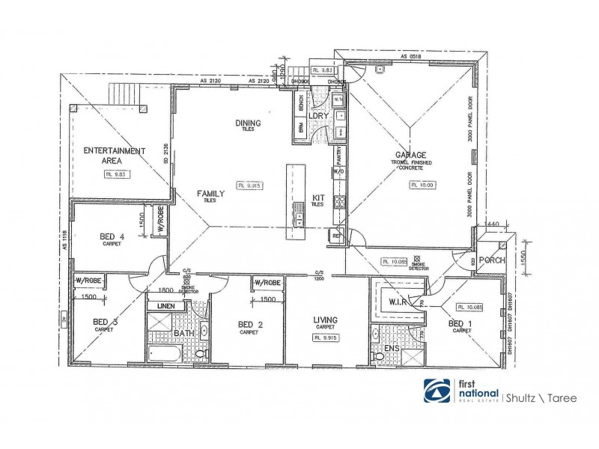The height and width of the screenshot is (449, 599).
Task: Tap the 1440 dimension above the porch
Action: tap(492, 224)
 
